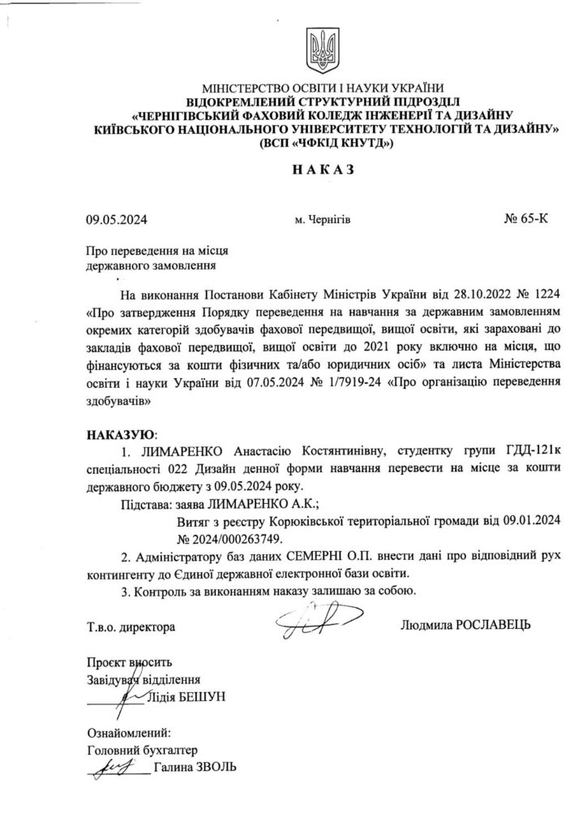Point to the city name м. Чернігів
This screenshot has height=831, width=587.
click(x=323, y=218)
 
